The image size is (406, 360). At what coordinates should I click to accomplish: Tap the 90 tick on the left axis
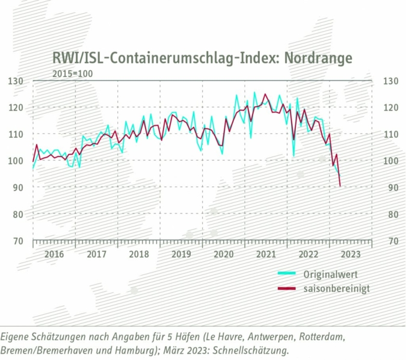(x=17, y=188)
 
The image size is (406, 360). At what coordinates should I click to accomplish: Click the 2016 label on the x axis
(x=54, y=254)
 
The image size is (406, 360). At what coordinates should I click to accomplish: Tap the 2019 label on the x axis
(x=181, y=254)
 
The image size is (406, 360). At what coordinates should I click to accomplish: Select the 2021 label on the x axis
(x=266, y=254)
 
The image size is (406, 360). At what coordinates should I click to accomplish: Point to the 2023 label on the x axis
(x=351, y=254)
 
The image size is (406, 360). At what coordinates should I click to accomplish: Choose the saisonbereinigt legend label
(x=336, y=289)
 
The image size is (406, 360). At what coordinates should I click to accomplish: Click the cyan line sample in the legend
(x=288, y=275)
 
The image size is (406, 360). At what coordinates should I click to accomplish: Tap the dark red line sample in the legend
(x=288, y=290)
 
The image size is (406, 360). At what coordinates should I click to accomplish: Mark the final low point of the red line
(x=341, y=186)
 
